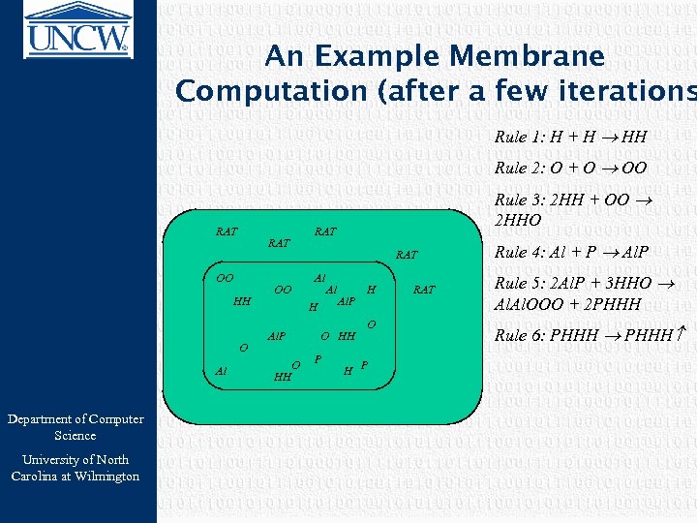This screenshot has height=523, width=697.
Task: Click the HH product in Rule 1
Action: (635, 138)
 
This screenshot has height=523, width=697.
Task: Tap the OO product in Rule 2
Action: (635, 169)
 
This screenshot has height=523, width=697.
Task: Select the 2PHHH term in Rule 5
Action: (614, 303)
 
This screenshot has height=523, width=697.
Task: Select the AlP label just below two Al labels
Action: (345, 302)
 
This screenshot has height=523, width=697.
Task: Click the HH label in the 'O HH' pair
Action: (347, 336)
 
